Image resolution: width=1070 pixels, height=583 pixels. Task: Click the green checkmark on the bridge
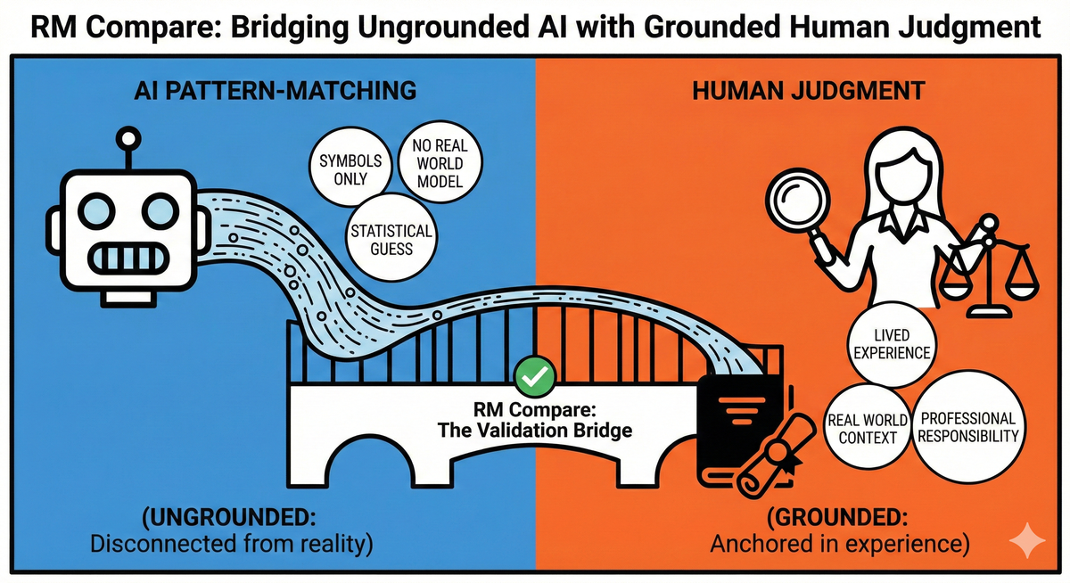534,377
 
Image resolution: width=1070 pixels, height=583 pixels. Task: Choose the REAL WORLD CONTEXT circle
868,428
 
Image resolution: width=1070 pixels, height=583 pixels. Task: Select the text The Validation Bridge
535,430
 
